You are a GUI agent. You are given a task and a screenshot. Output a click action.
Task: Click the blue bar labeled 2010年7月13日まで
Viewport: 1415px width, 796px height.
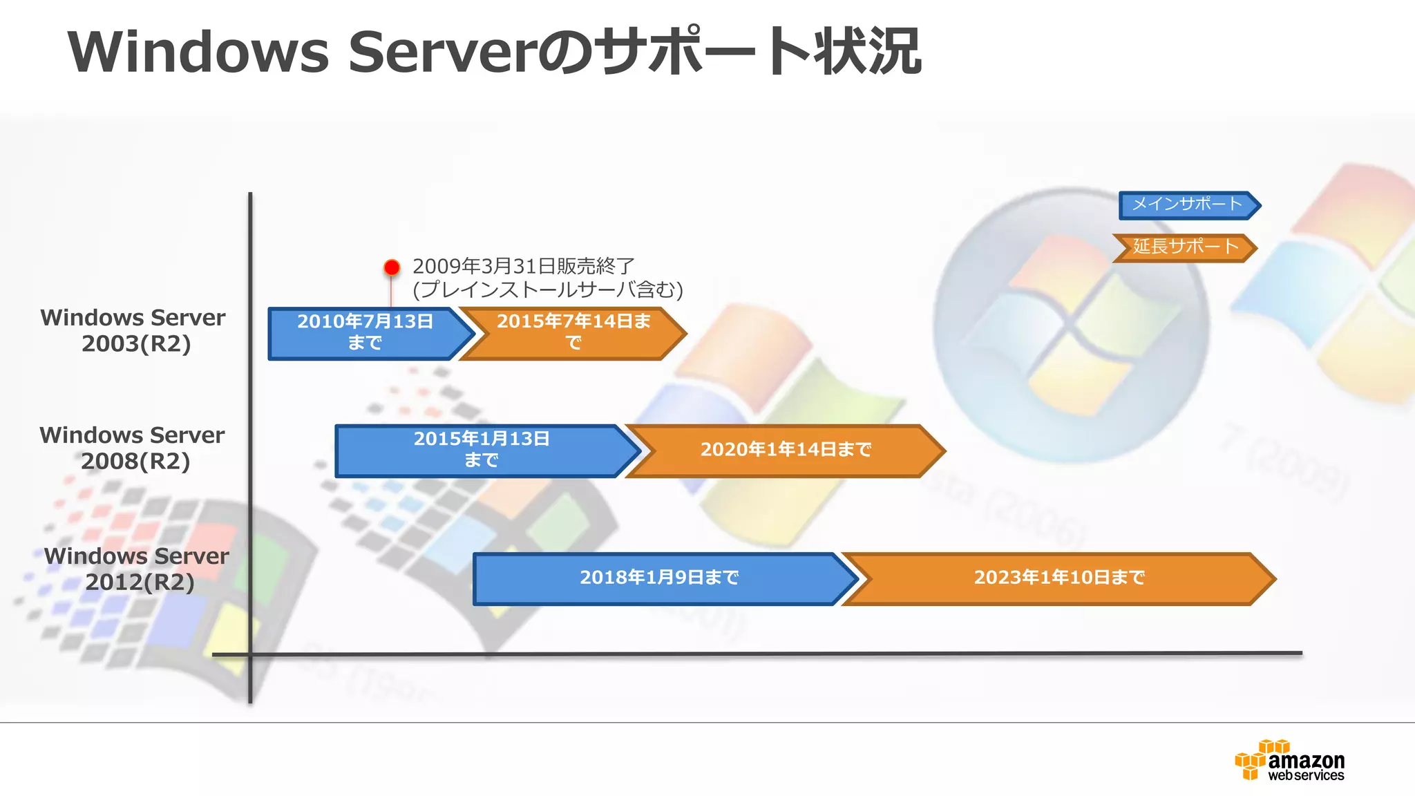pos(365,333)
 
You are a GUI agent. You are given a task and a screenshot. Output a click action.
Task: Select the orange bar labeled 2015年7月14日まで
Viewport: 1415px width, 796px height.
pos(573,333)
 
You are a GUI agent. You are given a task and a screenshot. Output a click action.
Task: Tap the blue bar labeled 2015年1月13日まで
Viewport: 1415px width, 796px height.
pos(482,451)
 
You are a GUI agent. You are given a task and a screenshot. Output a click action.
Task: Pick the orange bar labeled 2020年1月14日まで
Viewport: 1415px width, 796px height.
pos(786,451)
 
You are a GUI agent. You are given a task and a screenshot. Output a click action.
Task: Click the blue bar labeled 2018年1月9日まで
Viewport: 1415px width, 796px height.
pos(660,578)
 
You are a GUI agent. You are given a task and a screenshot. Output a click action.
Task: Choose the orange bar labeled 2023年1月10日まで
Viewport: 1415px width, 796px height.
pos(1058,578)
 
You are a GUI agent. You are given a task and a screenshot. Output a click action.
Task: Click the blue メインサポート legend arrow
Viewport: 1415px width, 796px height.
pos(1187,205)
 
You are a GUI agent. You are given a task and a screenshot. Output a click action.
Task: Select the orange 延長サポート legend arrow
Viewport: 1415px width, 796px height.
pos(1185,247)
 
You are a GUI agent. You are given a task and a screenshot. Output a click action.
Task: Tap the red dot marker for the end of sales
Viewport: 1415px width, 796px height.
pos(392,267)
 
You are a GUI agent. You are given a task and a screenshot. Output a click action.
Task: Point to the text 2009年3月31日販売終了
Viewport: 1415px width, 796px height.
pos(523,266)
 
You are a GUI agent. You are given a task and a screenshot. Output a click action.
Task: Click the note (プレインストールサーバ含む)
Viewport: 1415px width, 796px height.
pos(547,290)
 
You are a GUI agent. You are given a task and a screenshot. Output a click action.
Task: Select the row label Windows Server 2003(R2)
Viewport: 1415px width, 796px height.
pos(133,330)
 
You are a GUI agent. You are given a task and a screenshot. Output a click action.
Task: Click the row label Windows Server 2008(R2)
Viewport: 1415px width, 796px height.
pos(133,448)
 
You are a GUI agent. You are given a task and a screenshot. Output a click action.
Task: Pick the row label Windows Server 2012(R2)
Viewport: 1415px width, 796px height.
pos(137,569)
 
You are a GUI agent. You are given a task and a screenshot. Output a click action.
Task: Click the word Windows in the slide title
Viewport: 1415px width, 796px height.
pos(199,53)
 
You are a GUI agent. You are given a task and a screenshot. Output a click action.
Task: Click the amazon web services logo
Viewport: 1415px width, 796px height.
pos(1290,761)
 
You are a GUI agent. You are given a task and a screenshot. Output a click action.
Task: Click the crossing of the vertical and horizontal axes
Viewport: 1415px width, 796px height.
pos(250,654)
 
